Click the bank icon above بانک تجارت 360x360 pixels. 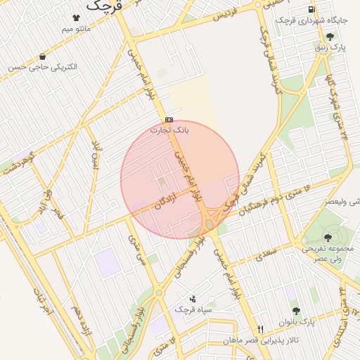(x=169, y=120)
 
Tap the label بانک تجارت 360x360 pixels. (x=170, y=130)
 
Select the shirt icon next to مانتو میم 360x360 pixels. (x=76, y=17)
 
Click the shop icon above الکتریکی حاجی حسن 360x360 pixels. (x=44, y=56)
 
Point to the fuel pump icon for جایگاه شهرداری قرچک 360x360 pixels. (x=311, y=9)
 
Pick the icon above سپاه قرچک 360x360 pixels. (x=193, y=298)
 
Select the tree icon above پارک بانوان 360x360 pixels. (x=295, y=310)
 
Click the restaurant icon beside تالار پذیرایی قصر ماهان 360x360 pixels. (x=261, y=329)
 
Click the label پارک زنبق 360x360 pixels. (x=330, y=48)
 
